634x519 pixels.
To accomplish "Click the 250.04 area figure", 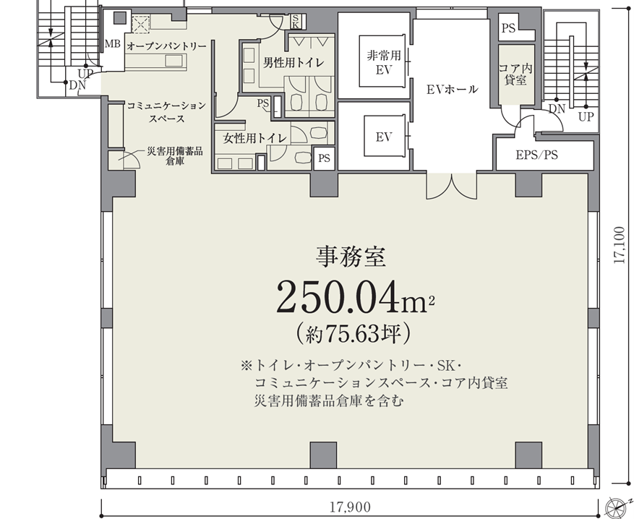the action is pyautogui.click(x=352, y=298).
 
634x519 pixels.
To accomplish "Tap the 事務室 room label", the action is pyautogui.click(x=351, y=257).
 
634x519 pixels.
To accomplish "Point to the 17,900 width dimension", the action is pyautogui.click(x=350, y=507).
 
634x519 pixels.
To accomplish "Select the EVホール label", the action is pyautogui.click(x=453, y=90).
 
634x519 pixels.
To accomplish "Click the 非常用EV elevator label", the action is pyautogui.click(x=384, y=62).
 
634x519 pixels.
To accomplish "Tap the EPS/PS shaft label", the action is pyautogui.click(x=536, y=155).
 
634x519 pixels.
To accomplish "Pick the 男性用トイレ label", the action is pyautogui.click(x=294, y=63).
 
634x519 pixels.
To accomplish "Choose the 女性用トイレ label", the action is pyautogui.click(x=255, y=139).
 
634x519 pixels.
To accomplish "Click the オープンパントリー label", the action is pyautogui.click(x=166, y=46).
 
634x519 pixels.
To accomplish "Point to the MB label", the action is pyautogui.click(x=112, y=43).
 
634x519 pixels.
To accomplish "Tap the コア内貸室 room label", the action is pyautogui.click(x=515, y=74).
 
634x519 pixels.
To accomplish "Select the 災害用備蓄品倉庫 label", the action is pyautogui.click(x=175, y=156).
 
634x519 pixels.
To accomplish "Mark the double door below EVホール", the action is pyautogui.click(x=452, y=186).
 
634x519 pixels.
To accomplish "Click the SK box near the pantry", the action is pyautogui.click(x=295, y=22).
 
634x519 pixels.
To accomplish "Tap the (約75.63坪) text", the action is pyautogui.click(x=353, y=334).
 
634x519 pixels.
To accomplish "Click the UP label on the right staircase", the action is pyautogui.click(x=586, y=117).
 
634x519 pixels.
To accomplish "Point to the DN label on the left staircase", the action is pyautogui.click(x=77, y=86).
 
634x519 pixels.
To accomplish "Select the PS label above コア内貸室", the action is pyautogui.click(x=508, y=28).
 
